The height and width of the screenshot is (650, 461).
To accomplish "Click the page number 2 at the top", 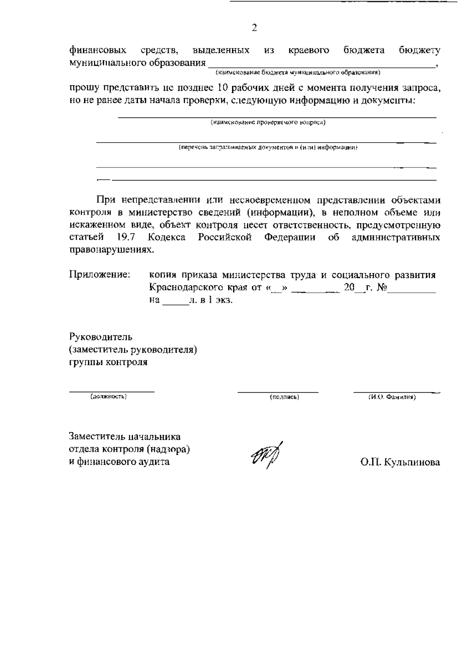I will pyautogui.click(x=254, y=28).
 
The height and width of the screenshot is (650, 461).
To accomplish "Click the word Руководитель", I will pyautogui.click(x=101, y=337).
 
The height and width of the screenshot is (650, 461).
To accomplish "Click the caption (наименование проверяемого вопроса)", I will pyautogui.click(x=268, y=123).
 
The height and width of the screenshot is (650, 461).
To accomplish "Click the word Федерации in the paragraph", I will pyautogui.click(x=290, y=237).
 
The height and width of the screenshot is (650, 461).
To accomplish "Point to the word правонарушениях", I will pyautogui.click(x=111, y=250).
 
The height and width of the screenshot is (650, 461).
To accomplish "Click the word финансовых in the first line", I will pyautogui.click(x=98, y=51).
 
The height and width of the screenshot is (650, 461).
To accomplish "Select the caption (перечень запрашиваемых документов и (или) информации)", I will pyautogui.click(x=268, y=148).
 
